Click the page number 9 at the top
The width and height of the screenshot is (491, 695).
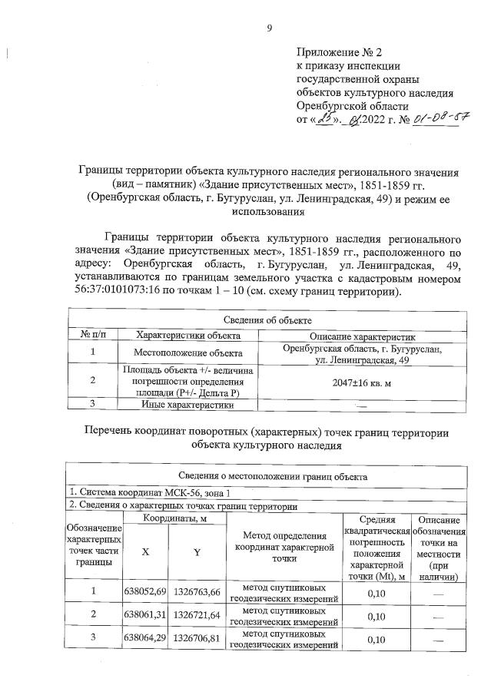pyautogui.click(x=269, y=29)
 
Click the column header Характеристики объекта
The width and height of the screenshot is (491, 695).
pyautogui.click(x=188, y=335)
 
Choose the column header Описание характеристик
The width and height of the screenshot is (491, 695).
pyautogui.click(x=362, y=335)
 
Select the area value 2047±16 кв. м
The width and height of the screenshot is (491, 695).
pyautogui.click(x=362, y=381)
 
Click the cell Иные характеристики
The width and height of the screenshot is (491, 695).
pyautogui.click(x=188, y=404)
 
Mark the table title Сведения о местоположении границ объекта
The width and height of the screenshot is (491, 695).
pyautogui.click(x=267, y=476)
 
